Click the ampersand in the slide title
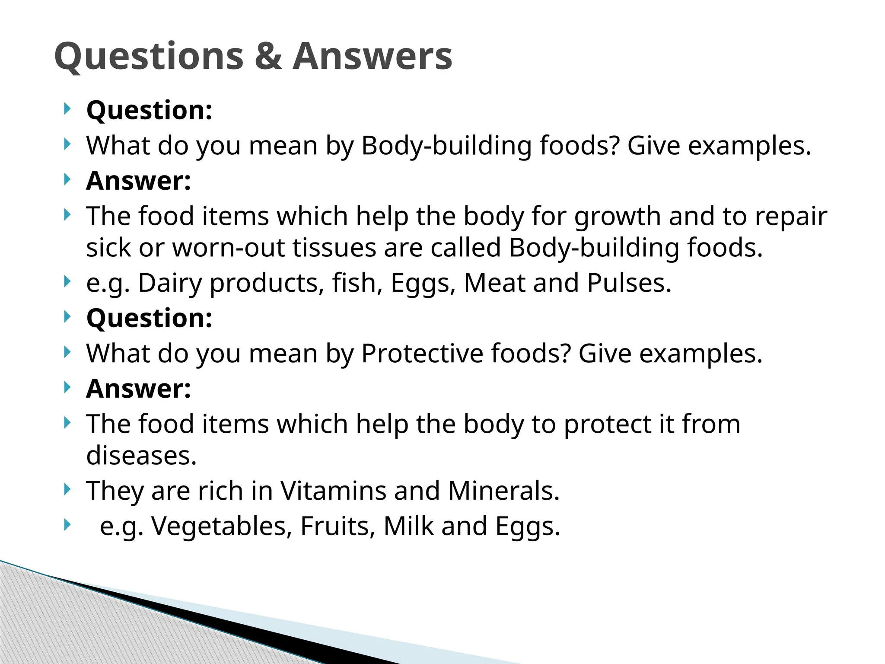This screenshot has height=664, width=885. pyautogui.click(x=268, y=56)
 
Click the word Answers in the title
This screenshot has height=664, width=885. pyautogui.click(x=372, y=56)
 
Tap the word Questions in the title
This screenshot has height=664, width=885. pyautogui.click(x=149, y=57)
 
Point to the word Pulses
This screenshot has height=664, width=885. pyautogui.click(x=629, y=283)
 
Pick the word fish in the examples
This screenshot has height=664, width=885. pyautogui.click(x=357, y=283)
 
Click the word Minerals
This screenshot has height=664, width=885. pyautogui.click(x=503, y=491)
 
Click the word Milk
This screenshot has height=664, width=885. pyautogui.click(x=408, y=527)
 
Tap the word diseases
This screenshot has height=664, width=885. pyautogui.click(x=141, y=456)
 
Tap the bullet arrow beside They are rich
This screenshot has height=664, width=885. pyautogui.click(x=67, y=490)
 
